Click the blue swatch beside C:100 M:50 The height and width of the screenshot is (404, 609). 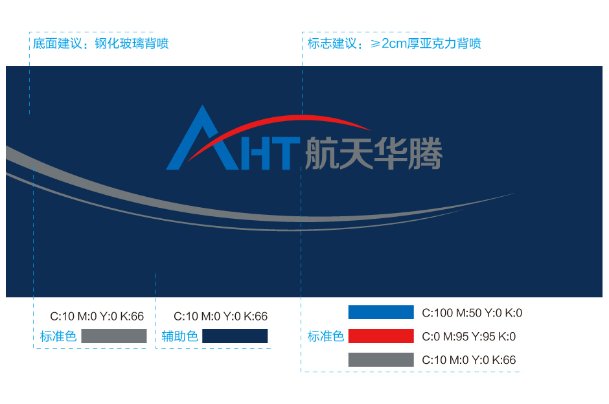coord(381,312)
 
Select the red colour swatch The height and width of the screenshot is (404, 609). coord(381,336)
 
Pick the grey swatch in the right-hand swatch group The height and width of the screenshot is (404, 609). coord(381,360)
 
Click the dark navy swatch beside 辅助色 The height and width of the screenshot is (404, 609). coord(235,336)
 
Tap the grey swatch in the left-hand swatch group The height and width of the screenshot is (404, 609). coord(114,336)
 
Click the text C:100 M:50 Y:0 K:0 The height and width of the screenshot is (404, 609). coord(472,313)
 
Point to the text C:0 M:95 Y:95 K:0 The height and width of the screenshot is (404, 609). coord(469,337)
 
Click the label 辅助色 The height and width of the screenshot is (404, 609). coord(180,336)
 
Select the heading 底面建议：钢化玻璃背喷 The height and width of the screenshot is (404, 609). coord(100,43)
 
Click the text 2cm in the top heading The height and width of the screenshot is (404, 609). coord(394,43)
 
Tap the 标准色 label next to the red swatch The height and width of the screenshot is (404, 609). coord(325,336)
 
